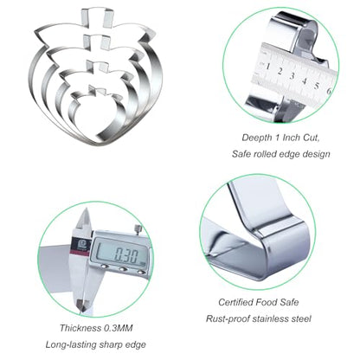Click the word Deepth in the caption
[256, 138]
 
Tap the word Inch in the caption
[292, 138]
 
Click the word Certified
[235, 302]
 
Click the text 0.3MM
[119, 328]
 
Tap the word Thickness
[80, 328]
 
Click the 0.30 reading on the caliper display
[126, 254]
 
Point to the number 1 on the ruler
[268, 67]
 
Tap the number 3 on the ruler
[292, 76]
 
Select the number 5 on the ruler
[317, 86]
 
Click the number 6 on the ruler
[329, 91]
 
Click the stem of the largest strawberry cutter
[96, 18]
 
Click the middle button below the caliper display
[123, 269]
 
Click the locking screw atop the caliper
[138, 229]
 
